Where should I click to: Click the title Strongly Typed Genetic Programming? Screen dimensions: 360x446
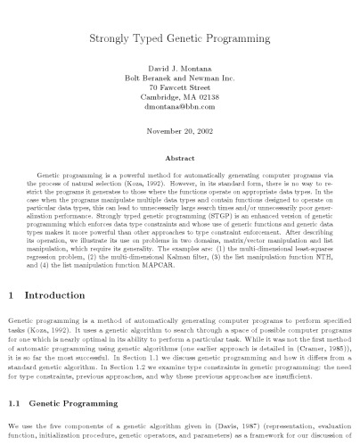(x=180, y=40)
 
